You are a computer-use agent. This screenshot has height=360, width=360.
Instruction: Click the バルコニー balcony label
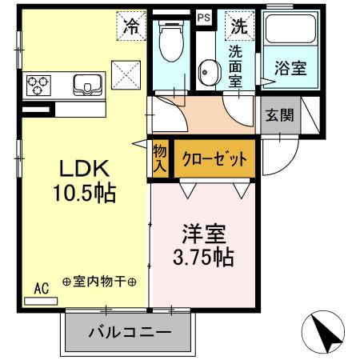pos(130,330)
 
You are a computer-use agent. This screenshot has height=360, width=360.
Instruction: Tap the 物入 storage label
pos(160,158)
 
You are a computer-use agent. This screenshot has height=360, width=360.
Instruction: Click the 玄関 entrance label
pos(279,114)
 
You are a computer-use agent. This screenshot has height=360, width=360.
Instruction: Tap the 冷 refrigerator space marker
pos(131,25)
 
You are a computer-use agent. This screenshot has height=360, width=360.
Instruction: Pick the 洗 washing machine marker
pos(238,25)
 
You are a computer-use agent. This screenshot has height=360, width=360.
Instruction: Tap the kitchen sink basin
pos(86,84)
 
